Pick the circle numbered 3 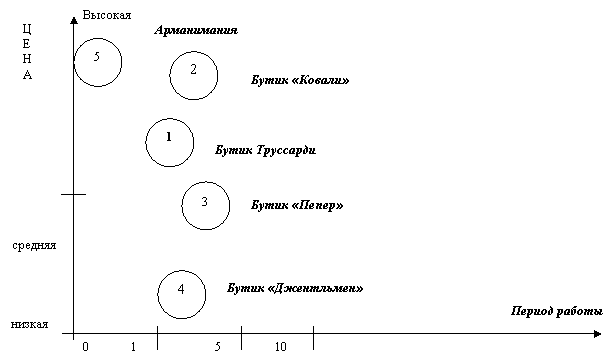(x=205, y=204)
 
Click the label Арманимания (x=196, y=31)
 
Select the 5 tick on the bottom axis (x=218, y=346)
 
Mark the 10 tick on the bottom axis (x=281, y=346)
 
